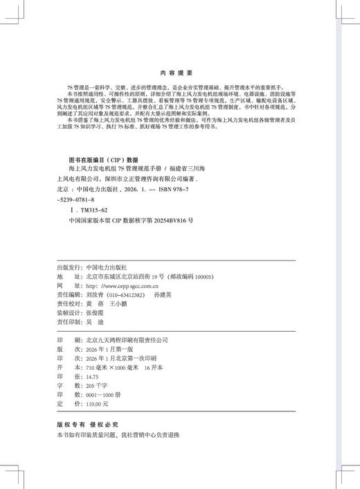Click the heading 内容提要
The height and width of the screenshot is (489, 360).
179,71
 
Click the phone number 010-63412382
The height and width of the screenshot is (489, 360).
125,294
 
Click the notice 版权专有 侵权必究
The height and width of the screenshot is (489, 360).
87,423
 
